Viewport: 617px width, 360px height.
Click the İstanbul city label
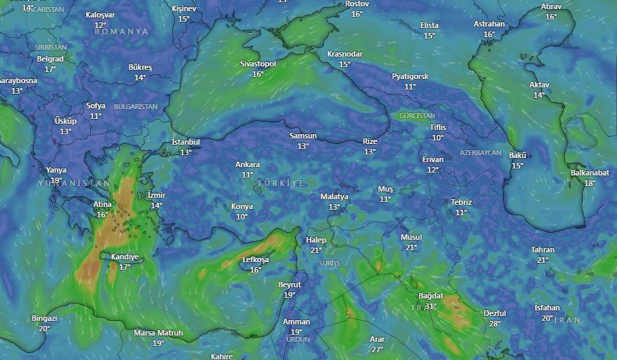tap(185, 142)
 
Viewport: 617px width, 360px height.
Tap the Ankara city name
tap(247, 165)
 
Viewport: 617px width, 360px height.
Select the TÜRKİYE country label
tap(281, 183)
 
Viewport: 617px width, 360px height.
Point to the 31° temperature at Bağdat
tap(431, 306)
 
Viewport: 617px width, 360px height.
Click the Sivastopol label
tap(258, 64)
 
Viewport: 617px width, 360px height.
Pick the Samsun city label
tap(303, 136)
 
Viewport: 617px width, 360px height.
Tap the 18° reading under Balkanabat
tap(590, 183)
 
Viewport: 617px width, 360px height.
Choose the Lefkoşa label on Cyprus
tap(255, 259)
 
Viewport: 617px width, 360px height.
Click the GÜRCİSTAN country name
tap(417, 116)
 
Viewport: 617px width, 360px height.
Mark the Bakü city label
tap(517, 155)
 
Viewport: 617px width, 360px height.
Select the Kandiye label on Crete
tap(125, 257)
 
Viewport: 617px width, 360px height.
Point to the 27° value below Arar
tap(377, 350)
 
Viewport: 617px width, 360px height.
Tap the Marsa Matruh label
tap(158, 333)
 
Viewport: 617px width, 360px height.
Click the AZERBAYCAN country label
tap(481, 152)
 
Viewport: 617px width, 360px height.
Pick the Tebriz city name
tap(461, 202)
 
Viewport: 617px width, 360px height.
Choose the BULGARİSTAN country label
tap(136, 107)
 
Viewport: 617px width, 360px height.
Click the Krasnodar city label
tap(345, 54)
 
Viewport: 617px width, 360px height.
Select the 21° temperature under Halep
tap(316, 250)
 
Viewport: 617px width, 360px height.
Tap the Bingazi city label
tap(44, 318)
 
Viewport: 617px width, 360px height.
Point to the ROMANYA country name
tap(122, 32)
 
